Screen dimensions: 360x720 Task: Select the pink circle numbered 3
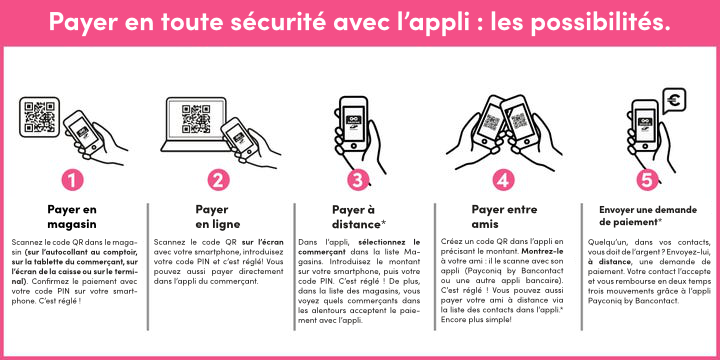click(x=360, y=180)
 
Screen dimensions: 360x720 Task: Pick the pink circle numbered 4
click(x=504, y=180)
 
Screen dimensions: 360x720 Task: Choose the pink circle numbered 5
click(x=648, y=180)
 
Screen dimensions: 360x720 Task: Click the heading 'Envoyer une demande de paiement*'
click(x=648, y=215)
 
